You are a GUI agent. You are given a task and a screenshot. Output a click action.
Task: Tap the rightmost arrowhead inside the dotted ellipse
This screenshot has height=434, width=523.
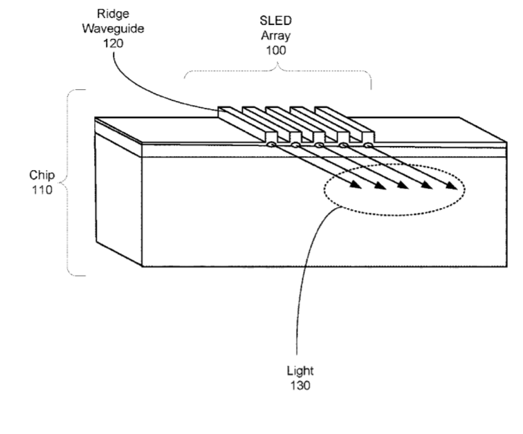450,186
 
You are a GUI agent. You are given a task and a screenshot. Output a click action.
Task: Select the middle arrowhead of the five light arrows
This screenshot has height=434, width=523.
403,185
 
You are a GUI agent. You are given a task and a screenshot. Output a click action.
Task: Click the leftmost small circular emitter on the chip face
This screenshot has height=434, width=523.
271,145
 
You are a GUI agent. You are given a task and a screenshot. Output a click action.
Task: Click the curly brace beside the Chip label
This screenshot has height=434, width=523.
68,182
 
